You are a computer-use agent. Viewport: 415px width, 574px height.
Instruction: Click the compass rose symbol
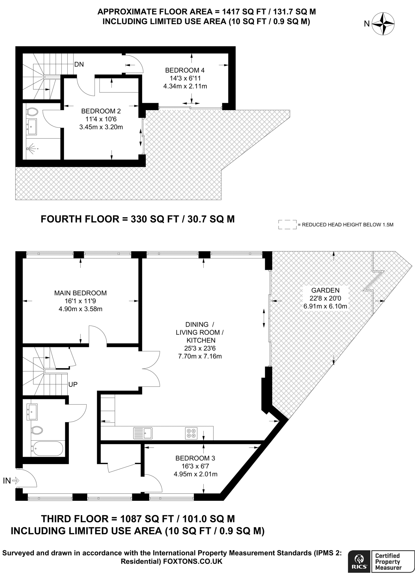383,24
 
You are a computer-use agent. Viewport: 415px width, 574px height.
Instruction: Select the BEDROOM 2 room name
101,111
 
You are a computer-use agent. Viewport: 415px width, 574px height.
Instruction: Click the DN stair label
79,64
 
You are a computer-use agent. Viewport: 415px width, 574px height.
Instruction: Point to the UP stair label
73,384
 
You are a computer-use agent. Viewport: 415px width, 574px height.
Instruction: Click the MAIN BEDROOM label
80,293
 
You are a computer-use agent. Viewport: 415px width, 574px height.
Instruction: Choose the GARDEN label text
325,290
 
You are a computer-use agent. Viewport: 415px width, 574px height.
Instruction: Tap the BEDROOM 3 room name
195,458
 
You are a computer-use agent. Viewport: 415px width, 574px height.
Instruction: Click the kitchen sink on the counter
143,433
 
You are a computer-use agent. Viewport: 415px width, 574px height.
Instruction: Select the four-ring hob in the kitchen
191,433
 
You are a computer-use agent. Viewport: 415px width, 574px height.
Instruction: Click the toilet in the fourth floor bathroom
33,112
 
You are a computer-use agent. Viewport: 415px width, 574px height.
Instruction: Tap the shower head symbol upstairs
32,149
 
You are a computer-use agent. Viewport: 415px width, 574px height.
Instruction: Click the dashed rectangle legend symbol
287,224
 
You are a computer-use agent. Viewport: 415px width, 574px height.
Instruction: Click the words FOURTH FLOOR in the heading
80,219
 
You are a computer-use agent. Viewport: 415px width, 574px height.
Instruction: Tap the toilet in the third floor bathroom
37,430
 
